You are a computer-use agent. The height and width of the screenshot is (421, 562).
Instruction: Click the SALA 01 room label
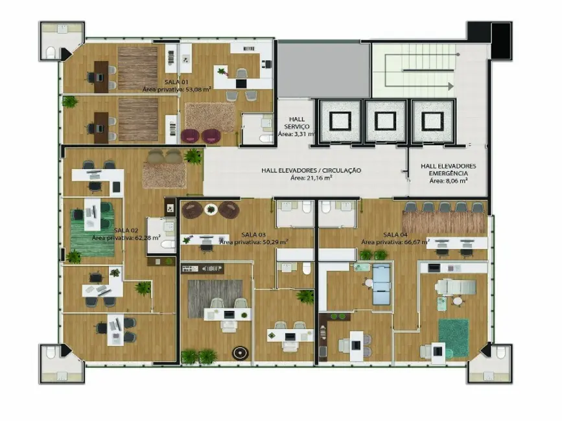click(158, 82)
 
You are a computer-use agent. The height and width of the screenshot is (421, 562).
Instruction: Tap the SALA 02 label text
click(126, 230)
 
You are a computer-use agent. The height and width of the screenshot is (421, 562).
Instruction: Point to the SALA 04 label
click(395, 234)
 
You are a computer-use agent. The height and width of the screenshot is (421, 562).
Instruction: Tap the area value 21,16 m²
click(311, 177)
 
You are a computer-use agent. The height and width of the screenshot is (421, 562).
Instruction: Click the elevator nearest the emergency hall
click(430, 120)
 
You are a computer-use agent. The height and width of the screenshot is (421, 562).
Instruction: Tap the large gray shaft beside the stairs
click(323, 70)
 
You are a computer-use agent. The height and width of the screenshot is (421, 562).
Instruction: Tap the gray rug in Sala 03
click(215, 297)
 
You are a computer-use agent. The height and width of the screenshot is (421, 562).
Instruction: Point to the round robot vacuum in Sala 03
click(240, 354)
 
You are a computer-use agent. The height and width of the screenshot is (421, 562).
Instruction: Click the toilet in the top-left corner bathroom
click(51, 52)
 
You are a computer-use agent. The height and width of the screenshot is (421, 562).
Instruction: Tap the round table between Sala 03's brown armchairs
click(211, 209)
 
